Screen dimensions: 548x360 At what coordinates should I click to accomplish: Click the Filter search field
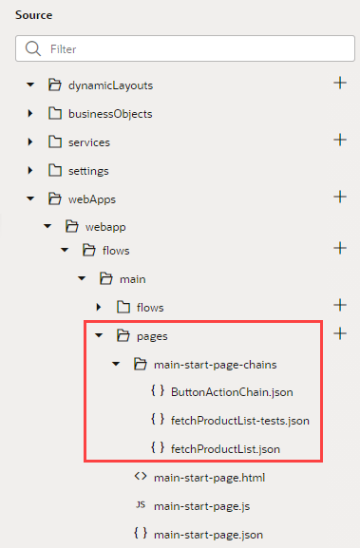point(180,48)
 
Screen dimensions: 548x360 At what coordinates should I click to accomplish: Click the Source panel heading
point(34,15)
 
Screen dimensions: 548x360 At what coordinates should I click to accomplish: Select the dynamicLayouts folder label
point(110,85)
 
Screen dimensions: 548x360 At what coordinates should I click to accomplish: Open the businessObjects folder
point(109,113)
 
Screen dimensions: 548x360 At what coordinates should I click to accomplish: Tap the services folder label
point(88,142)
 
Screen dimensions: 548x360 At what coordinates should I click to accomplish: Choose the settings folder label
point(87,170)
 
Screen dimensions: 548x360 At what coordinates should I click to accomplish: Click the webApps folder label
point(93,198)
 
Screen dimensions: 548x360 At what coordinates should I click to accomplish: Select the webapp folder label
point(105,227)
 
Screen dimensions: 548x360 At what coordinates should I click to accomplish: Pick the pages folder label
point(153,335)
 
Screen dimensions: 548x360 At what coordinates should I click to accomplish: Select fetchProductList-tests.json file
point(240,420)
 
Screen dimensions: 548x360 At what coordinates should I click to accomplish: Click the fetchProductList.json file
point(225,447)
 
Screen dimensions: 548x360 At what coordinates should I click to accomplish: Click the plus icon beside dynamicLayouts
point(339,84)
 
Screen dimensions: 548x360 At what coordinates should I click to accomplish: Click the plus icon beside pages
point(339,334)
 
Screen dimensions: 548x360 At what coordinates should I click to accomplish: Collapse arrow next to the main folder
point(81,278)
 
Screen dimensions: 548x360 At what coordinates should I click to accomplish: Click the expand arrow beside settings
point(31,170)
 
